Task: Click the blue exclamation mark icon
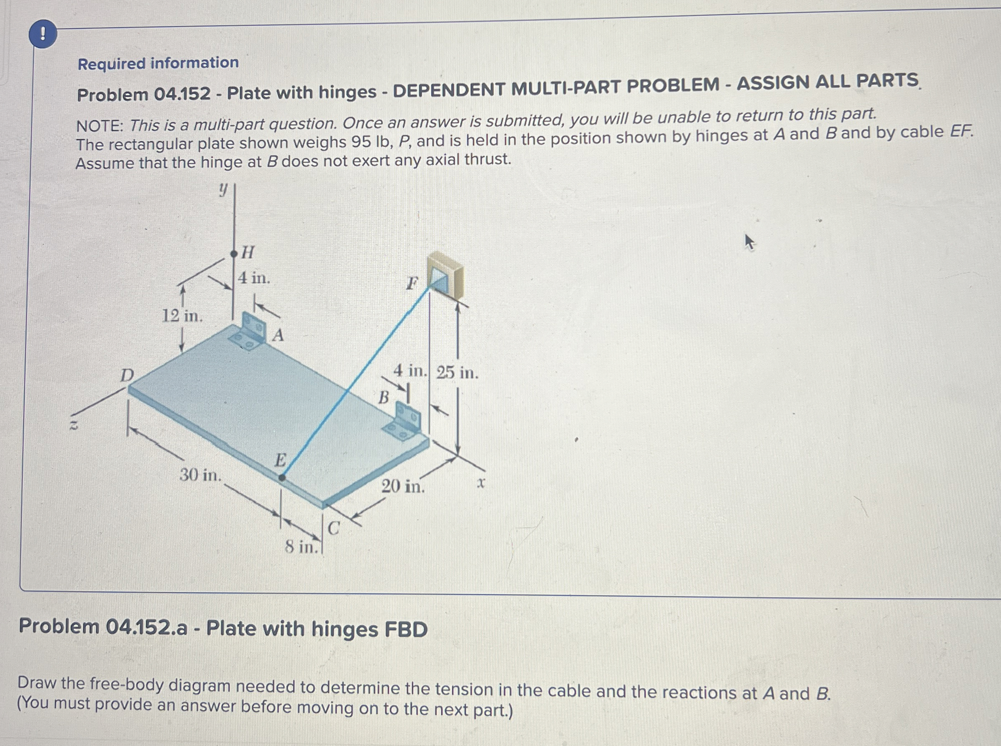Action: tap(43, 34)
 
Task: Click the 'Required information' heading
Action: tap(158, 63)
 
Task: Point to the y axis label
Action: tap(222, 190)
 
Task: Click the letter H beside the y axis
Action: tap(247, 252)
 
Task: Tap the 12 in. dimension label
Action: tap(182, 316)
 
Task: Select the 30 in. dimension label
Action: tap(200, 475)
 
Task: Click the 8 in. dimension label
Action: tap(301, 547)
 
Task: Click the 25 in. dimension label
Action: tap(457, 373)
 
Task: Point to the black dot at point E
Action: tap(281, 477)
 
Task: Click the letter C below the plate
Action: tap(334, 528)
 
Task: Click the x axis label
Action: tap(481, 483)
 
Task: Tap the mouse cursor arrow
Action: tap(749, 243)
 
